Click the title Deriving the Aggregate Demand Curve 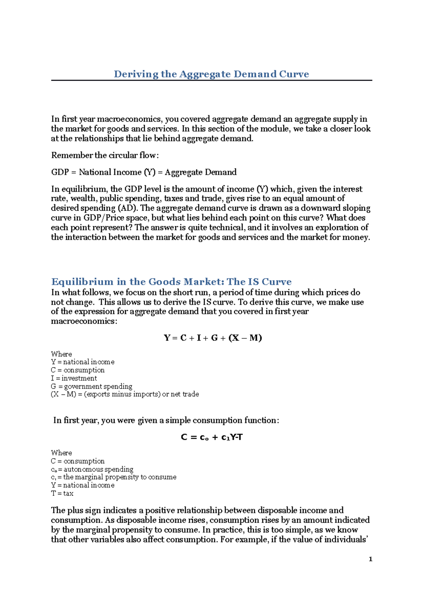(211, 74)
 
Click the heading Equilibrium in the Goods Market (171, 282)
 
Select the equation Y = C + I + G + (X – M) (213, 338)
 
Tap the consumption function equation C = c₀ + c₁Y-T (211, 437)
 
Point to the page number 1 (370, 559)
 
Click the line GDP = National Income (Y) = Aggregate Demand (144, 172)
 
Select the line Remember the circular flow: (105, 155)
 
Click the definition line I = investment (74, 378)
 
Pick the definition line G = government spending (92, 386)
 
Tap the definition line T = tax (62, 493)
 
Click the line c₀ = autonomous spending (92, 469)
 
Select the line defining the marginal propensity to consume (114, 477)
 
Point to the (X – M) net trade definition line (125, 394)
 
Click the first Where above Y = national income (61, 354)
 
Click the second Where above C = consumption (61, 453)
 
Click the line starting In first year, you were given (166, 421)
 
